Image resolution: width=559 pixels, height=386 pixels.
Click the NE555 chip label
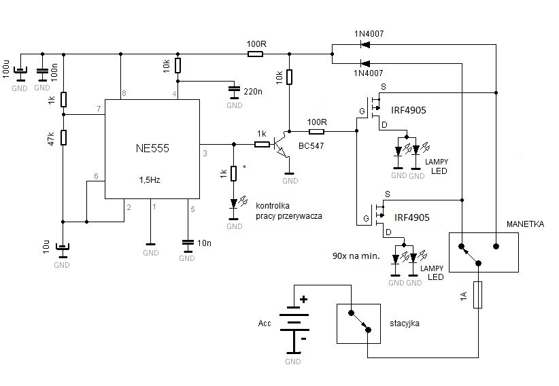pyautogui.click(x=152, y=147)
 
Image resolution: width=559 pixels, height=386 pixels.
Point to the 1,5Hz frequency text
pyautogui.click(x=152, y=181)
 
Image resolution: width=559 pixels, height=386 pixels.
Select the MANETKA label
pyautogui.click(x=524, y=224)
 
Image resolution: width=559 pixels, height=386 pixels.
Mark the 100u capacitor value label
pyautogui.click(x=6, y=70)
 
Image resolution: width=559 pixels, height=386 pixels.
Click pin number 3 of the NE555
pyautogui.click(x=205, y=154)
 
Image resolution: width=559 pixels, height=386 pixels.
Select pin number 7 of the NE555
pyautogui.click(x=99, y=109)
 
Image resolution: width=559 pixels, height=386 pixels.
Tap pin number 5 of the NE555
pyautogui.click(x=192, y=209)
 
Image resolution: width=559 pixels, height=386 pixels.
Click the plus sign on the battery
pyautogui.click(x=303, y=298)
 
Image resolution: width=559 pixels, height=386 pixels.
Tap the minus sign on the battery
pyautogui.click(x=303, y=337)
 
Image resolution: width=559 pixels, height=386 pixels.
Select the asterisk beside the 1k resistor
pyautogui.click(x=244, y=164)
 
